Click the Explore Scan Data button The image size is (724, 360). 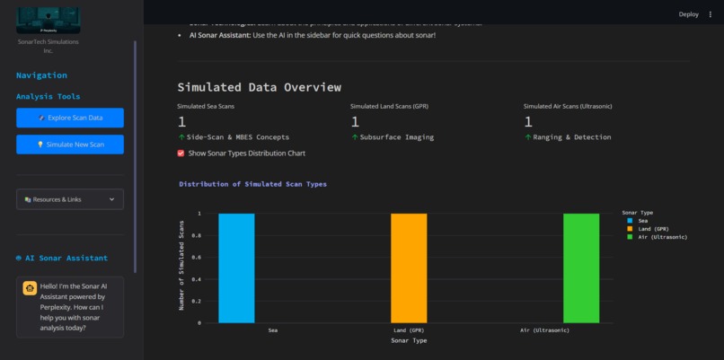point(70,118)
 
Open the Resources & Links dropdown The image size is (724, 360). point(70,199)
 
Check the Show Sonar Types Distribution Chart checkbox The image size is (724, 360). point(181,154)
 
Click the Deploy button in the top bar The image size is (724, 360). point(688,14)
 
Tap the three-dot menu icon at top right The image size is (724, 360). point(711,14)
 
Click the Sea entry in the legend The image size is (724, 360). point(642,221)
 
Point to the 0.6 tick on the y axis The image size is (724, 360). point(198,258)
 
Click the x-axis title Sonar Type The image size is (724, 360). point(409,341)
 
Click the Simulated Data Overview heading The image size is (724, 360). point(259,87)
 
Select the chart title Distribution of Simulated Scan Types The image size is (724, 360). point(252,184)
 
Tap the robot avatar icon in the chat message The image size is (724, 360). point(30,289)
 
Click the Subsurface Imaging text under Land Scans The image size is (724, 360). point(396,137)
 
